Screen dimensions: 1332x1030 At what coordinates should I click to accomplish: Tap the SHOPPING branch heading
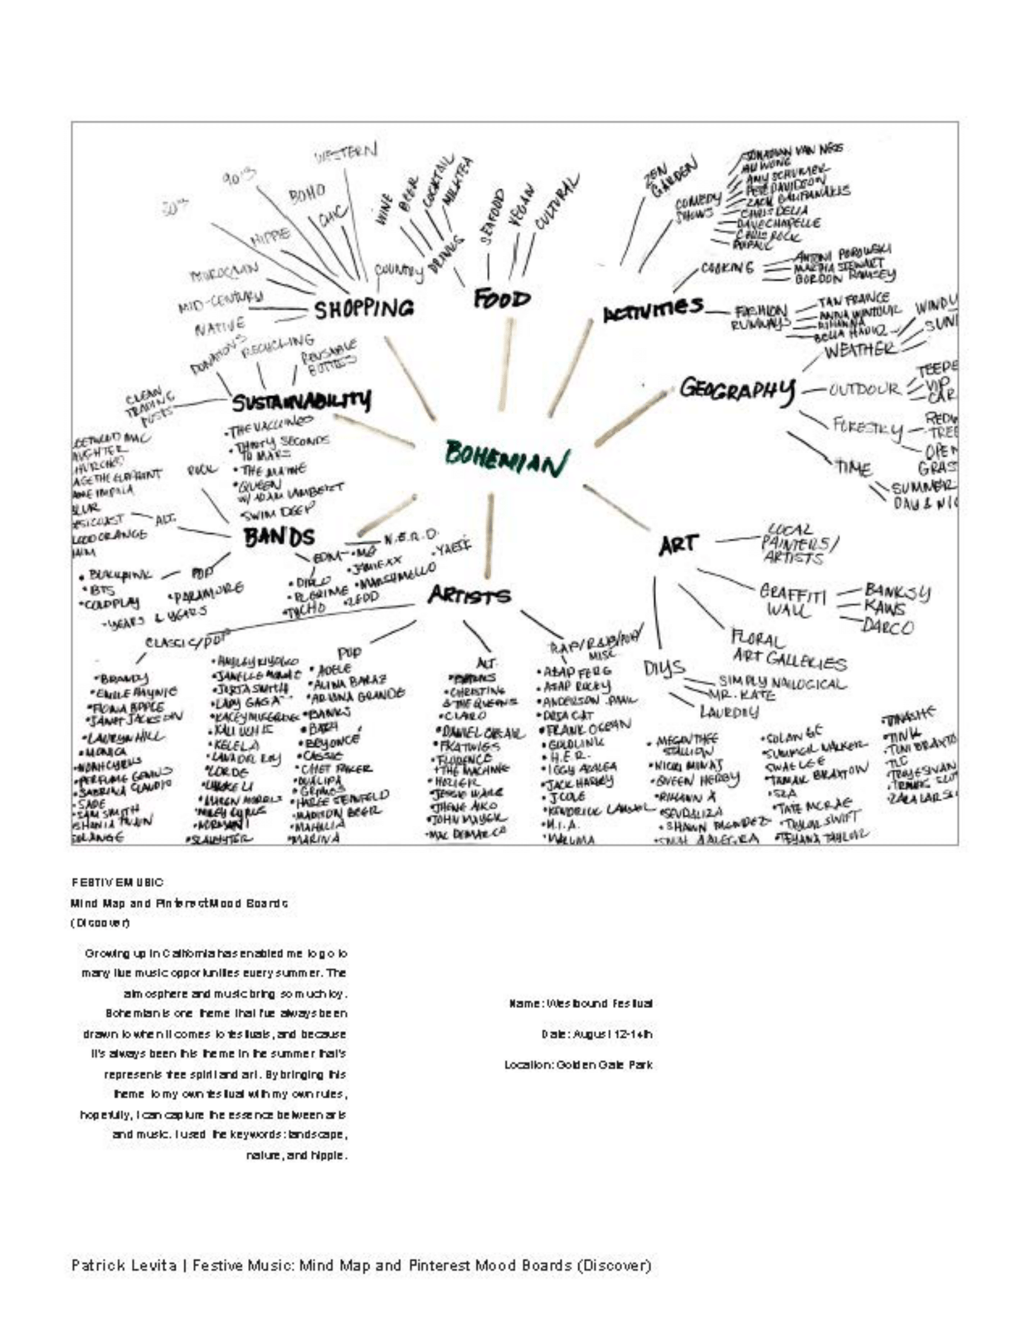pos(364,309)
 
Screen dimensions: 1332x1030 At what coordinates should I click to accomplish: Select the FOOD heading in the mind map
pos(502,300)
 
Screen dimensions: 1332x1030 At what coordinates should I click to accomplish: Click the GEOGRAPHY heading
pos(738,389)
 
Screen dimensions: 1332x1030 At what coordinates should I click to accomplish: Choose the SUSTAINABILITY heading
pos(301,402)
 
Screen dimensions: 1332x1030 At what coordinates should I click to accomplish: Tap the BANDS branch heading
pos(280,537)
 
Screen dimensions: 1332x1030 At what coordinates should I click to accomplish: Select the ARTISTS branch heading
pos(469,595)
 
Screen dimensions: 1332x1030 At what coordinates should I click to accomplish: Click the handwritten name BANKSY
pos(897,592)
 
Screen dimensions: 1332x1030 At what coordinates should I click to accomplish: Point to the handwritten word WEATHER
pos(861,351)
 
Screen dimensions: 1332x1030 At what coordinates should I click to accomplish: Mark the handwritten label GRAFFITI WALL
pos(792,600)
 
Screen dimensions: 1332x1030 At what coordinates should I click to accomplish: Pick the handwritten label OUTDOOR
pos(864,389)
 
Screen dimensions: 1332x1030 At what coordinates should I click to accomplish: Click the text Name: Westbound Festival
pos(581,1003)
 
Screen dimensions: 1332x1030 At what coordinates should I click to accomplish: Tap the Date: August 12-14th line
pos(597,1034)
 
